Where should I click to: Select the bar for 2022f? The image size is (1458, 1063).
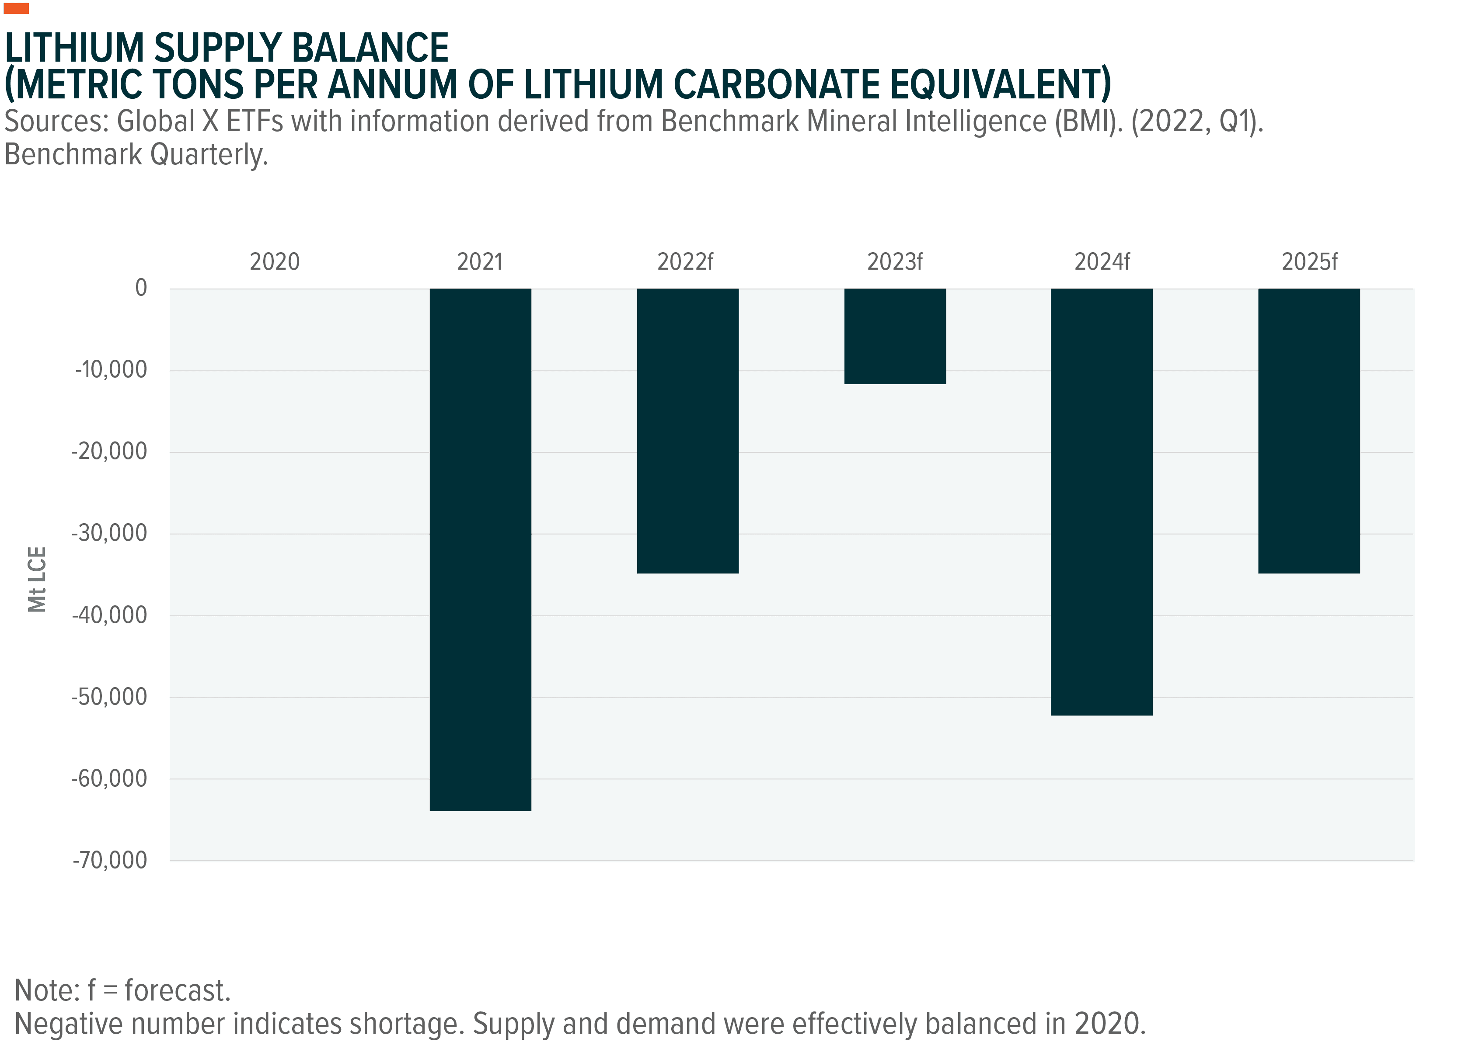[x=687, y=431]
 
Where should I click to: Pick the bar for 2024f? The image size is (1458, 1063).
[x=1102, y=502]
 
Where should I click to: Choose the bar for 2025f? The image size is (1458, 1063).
[x=1309, y=431]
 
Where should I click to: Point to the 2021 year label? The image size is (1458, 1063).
[x=480, y=262]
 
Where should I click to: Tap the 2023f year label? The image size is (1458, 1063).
[x=895, y=262]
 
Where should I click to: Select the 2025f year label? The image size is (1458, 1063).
[x=1309, y=262]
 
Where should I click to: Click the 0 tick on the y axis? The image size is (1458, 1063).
[x=141, y=287]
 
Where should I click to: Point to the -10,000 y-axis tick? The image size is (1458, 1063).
[x=112, y=369]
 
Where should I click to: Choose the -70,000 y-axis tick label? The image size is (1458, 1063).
[x=112, y=860]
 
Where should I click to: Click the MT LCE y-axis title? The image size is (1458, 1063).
[x=38, y=579]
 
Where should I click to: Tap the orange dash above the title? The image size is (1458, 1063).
[x=16, y=8]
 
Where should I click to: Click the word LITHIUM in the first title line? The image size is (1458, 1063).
[x=74, y=48]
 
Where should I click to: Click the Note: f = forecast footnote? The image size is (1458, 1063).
[x=122, y=991]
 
